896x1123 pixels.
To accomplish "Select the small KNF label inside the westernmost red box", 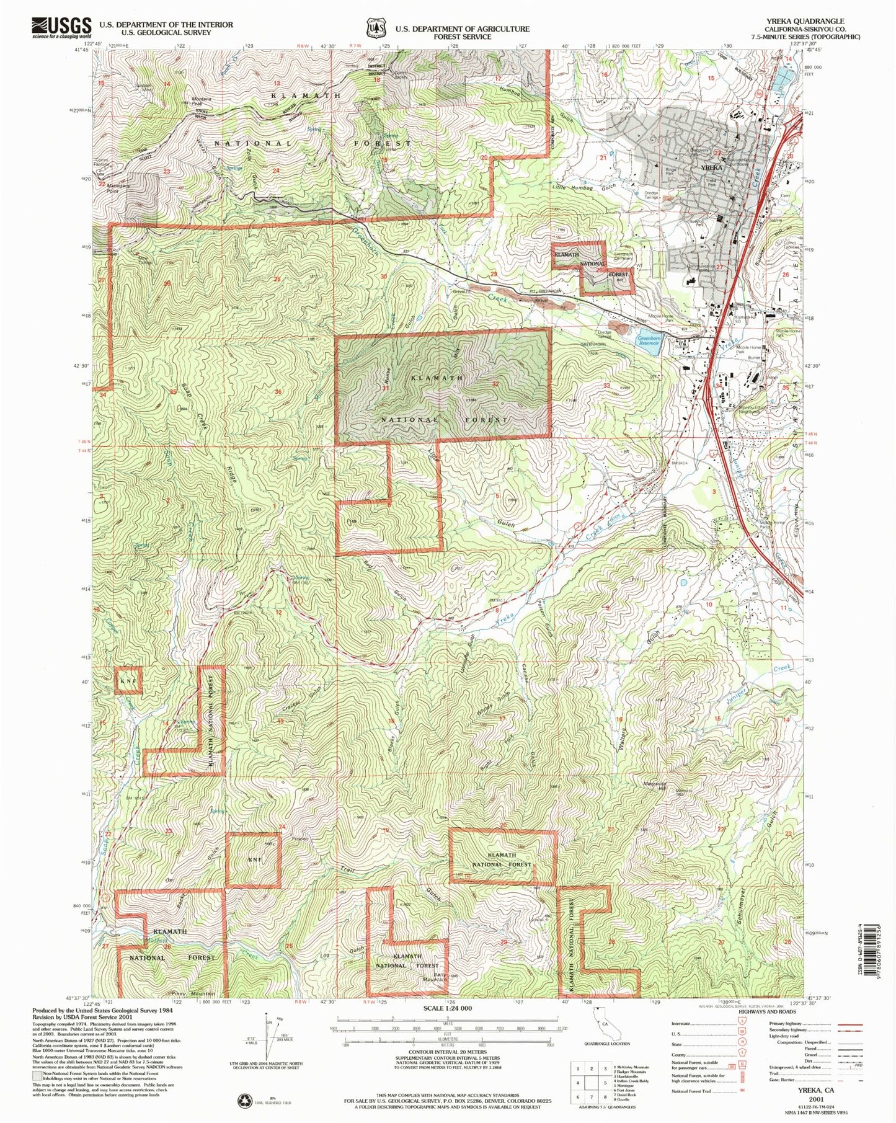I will [x=128, y=681].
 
